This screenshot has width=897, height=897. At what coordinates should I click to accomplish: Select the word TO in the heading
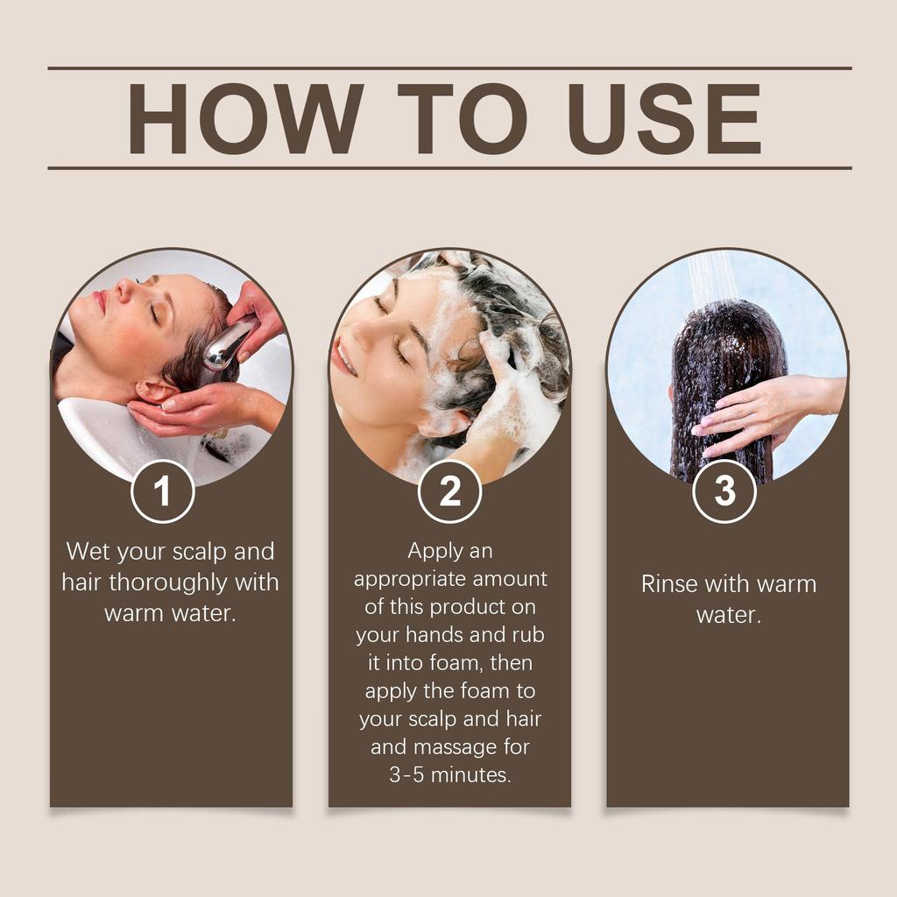(462, 119)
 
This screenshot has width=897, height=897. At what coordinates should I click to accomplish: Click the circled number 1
(162, 491)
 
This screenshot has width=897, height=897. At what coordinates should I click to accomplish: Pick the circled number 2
(449, 491)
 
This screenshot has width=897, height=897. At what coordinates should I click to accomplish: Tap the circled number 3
(724, 491)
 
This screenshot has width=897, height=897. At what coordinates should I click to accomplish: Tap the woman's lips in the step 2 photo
(344, 357)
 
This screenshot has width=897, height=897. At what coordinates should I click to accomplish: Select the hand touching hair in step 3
(745, 412)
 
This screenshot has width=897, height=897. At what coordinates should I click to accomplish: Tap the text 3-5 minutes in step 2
(449, 774)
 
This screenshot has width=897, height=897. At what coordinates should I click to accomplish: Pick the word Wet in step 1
(88, 552)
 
